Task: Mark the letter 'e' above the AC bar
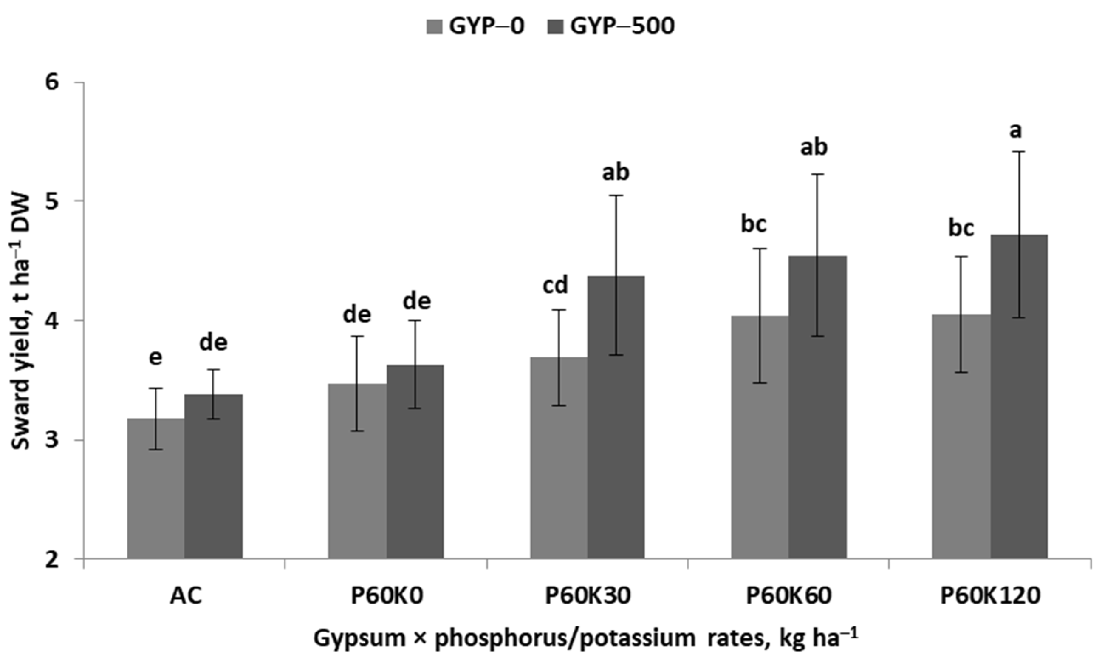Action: click(155, 357)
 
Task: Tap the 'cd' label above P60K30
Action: click(555, 285)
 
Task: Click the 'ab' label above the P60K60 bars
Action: click(814, 147)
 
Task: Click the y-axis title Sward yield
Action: click(20, 322)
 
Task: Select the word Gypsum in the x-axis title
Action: click(348, 638)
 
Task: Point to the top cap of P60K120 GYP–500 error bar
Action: click(1020, 152)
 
